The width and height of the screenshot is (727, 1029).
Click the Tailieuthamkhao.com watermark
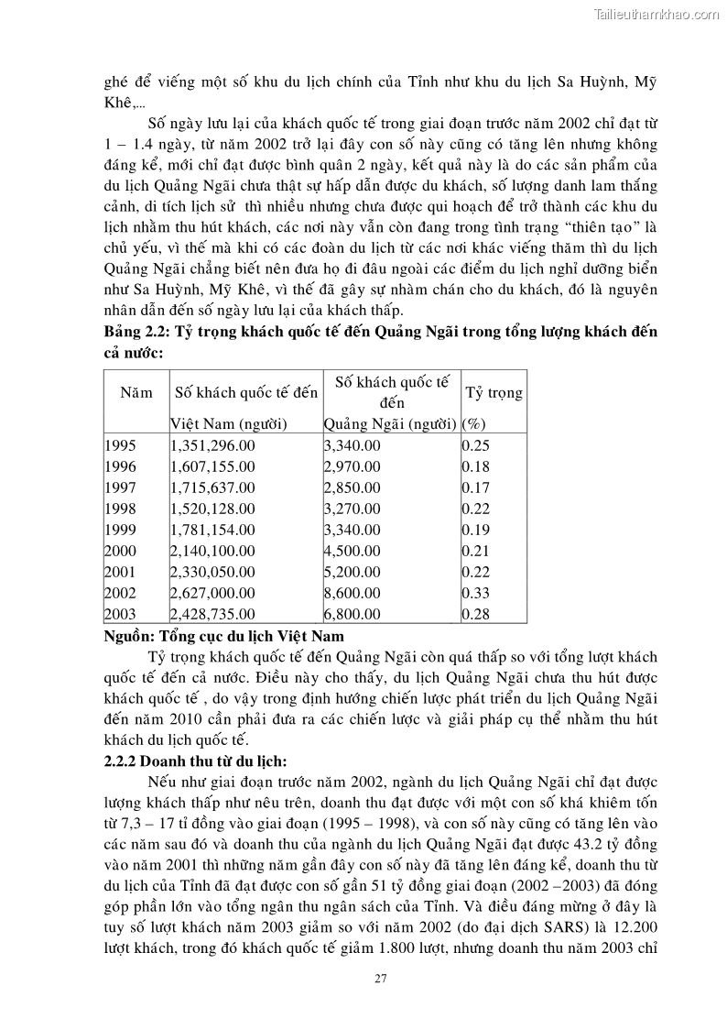click(656, 14)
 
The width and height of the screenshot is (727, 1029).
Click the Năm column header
click(136, 392)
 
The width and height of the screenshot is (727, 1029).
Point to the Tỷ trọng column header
click(494, 392)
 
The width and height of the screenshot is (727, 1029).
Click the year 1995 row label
click(120, 445)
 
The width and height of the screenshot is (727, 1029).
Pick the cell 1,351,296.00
click(212, 445)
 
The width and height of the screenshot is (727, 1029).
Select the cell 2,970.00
click(352, 466)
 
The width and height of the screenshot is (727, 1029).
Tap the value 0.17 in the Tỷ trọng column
click(475, 487)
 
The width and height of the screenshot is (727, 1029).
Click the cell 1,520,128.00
click(212, 509)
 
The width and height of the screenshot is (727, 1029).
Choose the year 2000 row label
click(120, 551)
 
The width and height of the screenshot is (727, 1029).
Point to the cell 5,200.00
click(352, 572)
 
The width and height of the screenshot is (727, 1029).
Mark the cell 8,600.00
click(352, 593)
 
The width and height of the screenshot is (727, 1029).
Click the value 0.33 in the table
click(475, 593)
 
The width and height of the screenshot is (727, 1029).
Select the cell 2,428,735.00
click(212, 614)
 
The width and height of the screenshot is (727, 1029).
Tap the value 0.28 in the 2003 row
click(475, 614)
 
